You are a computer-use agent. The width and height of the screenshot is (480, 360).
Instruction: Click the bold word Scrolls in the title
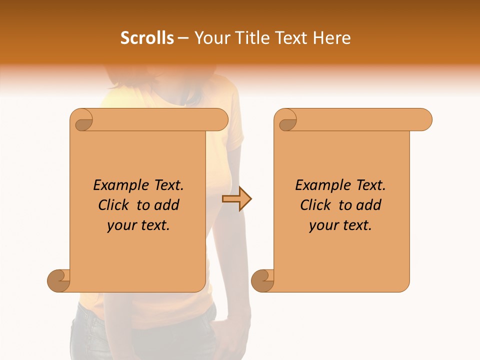tap(147, 38)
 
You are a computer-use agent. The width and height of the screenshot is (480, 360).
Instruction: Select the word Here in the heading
tap(330, 38)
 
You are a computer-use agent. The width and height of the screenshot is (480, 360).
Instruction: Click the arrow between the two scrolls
tap(236, 199)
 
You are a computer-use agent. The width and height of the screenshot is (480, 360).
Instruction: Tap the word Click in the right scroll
tap(316, 205)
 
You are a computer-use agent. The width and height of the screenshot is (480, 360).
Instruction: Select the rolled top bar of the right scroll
tap(360, 119)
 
